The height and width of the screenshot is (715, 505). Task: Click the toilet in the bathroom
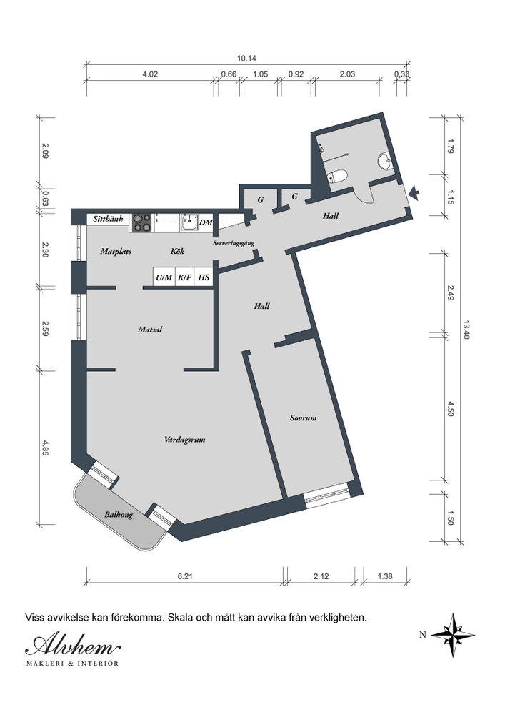pyautogui.click(x=337, y=176)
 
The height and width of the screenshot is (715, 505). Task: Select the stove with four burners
pyautogui.click(x=141, y=222)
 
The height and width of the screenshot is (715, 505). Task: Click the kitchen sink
pyautogui.click(x=189, y=222)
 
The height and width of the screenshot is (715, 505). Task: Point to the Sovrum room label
pyautogui.click(x=304, y=418)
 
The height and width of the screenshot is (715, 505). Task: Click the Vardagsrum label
pyautogui.click(x=185, y=440)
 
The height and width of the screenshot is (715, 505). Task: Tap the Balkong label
pyautogui.click(x=119, y=515)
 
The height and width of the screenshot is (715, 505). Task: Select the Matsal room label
pyautogui.click(x=150, y=329)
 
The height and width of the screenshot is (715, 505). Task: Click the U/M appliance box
pyautogui.click(x=164, y=277)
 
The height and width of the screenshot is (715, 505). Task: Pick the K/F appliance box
pyautogui.click(x=185, y=277)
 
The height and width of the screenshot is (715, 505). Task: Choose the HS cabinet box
pyautogui.click(x=204, y=277)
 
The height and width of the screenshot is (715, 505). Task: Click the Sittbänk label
pyautogui.click(x=108, y=219)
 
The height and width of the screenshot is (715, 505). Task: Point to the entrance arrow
pyautogui.click(x=414, y=193)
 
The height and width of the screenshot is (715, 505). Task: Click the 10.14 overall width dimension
pyautogui.click(x=246, y=59)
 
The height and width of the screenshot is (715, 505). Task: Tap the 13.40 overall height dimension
pyautogui.click(x=466, y=329)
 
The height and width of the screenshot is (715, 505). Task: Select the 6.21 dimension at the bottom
pyautogui.click(x=185, y=576)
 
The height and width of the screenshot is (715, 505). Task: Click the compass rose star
pyautogui.click(x=453, y=635)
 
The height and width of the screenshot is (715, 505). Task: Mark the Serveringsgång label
pyautogui.click(x=234, y=244)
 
